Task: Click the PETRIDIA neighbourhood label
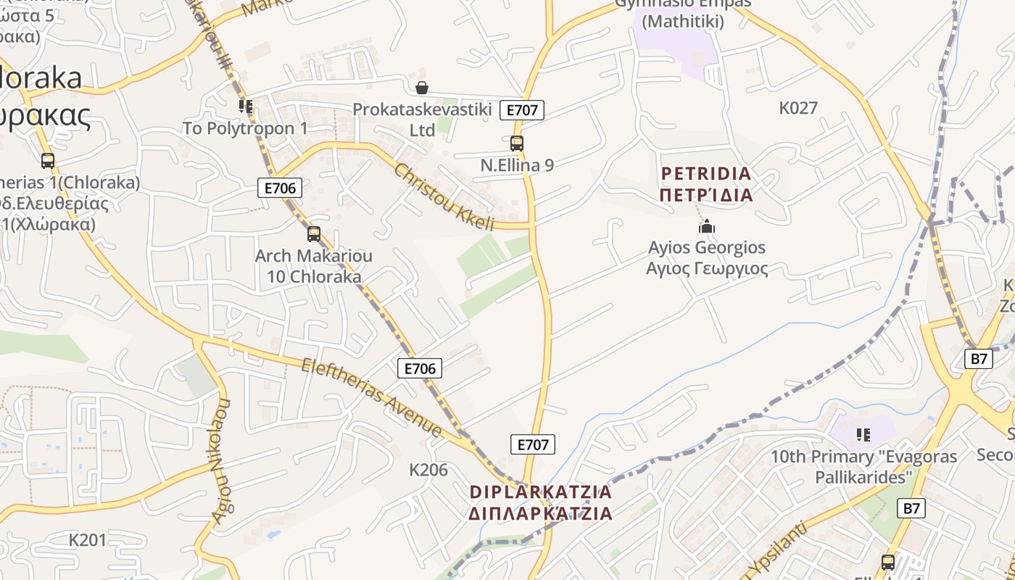click(706, 174)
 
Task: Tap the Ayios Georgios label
click(707, 248)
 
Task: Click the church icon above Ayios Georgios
click(707, 227)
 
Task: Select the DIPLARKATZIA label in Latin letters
click(541, 492)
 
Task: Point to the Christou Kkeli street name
click(444, 197)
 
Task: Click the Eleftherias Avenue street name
click(372, 398)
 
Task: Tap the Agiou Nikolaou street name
click(221, 460)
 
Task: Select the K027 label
click(798, 109)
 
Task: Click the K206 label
click(428, 470)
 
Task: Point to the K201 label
click(88, 540)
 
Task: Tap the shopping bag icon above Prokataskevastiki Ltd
click(422, 88)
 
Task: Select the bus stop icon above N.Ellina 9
click(517, 144)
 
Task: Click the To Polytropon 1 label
click(245, 128)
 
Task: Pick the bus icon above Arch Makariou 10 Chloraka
click(314, 234)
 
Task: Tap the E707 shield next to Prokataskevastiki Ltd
click(522, 110)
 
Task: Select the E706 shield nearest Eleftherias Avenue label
click(420, 368)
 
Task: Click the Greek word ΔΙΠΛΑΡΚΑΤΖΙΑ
click(541, 514)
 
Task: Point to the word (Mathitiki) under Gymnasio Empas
click(683, 22)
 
